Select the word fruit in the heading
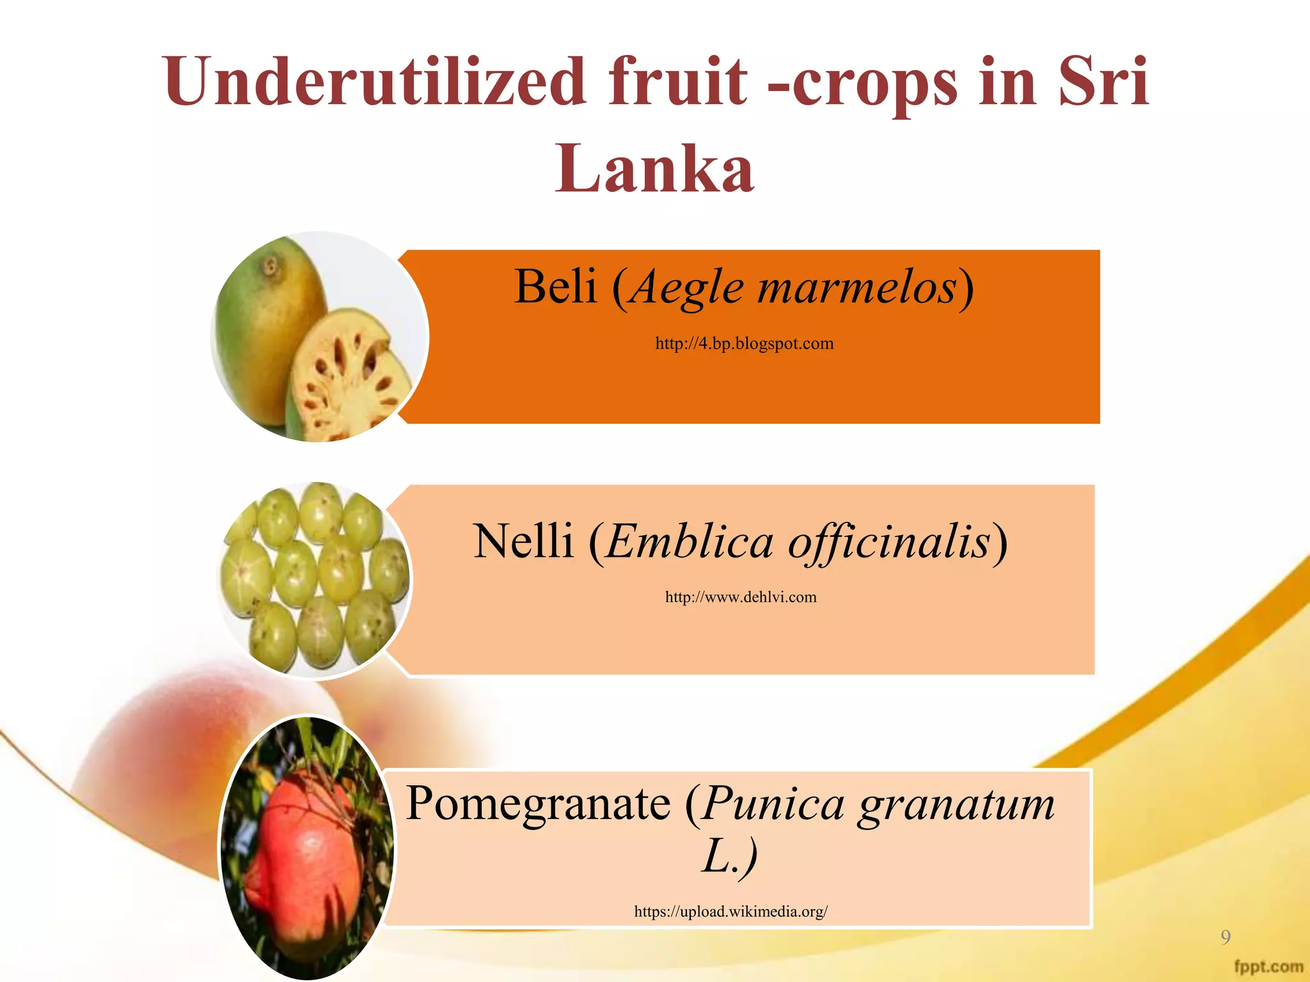click(x=677, y=82)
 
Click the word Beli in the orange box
click(x=555, y=286)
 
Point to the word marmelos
click(x=857, y=288)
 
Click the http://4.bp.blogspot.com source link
click(x=744, y=344)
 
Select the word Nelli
click(x=523, y=542)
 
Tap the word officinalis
click(x=889, y=542)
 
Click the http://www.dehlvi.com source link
click(x=741, y=597)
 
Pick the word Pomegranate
click(x=538, y=803)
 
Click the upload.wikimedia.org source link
click(x=730, y=912)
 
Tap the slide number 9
click(x=1225, y=937)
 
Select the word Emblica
click(x=690, y=542)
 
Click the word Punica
click(x=773, y=804)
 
